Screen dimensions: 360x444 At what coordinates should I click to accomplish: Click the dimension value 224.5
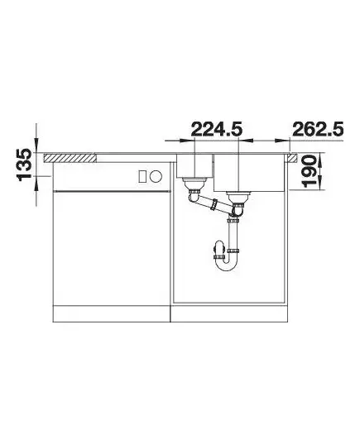[217, 130]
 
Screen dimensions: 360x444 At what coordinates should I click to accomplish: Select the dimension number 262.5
[318, 130]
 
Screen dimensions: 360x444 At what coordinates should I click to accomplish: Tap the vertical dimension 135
[24, 165]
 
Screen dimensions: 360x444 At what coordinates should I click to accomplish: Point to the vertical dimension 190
[310, 171]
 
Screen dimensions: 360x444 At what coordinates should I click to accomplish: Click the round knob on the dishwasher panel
[156, 176]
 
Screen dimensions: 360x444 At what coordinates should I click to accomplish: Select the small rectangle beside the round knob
[142, 176]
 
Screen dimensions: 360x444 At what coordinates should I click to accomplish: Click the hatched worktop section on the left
[70, 158]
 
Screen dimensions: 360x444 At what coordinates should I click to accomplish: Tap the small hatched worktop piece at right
[293, 158]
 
